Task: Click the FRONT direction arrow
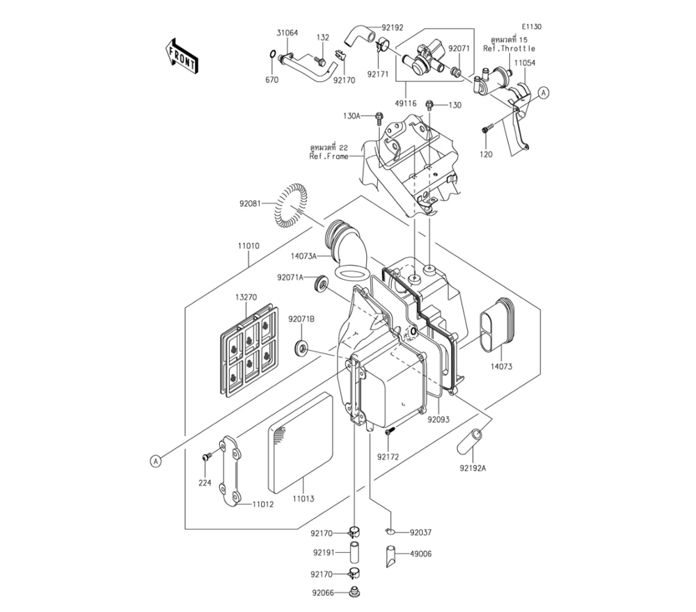tap(181, 56)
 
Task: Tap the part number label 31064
tap(287, 33)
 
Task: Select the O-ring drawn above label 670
tap(271, 55)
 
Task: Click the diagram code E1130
tap(531, 26)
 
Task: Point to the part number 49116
tap(406, 104)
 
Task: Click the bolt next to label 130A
tap(379, 116)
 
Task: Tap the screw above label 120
tap(487, 129)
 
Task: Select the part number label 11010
tap(248, 246)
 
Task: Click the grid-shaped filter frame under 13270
tap(248, 351)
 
